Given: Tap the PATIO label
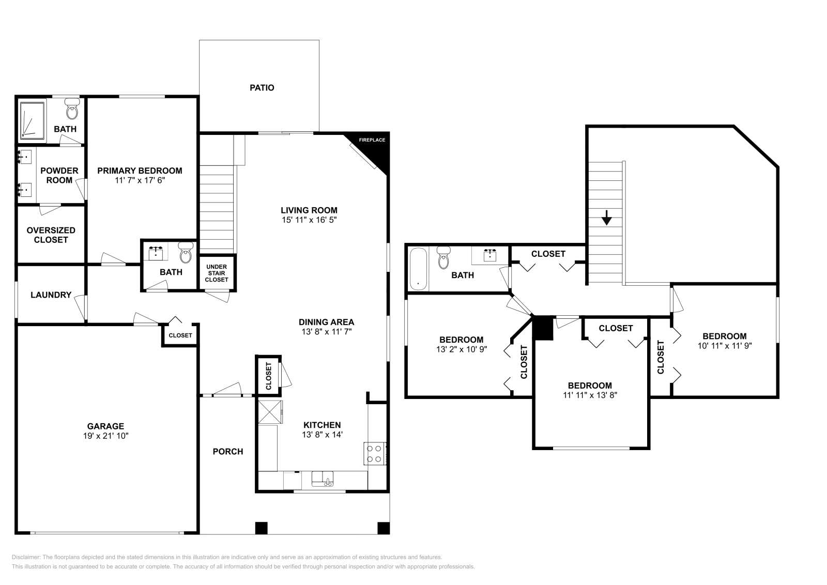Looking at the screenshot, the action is pos(262,88).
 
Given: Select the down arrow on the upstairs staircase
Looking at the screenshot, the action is pos(606,218).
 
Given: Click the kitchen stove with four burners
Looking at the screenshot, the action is pos(374,454).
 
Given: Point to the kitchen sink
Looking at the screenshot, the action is pos(323,479).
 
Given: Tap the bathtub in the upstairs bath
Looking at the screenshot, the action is pos(418,269).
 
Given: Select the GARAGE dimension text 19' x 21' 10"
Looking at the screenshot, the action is pos(105,436).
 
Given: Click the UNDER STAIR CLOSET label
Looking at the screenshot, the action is pos(217,273).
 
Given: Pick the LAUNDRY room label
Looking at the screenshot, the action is pos(51,295).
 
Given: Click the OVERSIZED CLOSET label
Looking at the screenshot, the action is pos(51,235).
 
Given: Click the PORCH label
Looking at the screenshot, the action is pos(228,451).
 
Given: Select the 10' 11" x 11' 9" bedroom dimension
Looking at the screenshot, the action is pos(724,346).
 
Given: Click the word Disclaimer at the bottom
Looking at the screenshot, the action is pos(26,557).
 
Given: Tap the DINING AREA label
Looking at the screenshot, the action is pos(326,322).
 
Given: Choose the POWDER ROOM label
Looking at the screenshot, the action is pos(59,175).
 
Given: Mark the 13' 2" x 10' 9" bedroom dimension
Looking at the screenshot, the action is pos(462,349).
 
